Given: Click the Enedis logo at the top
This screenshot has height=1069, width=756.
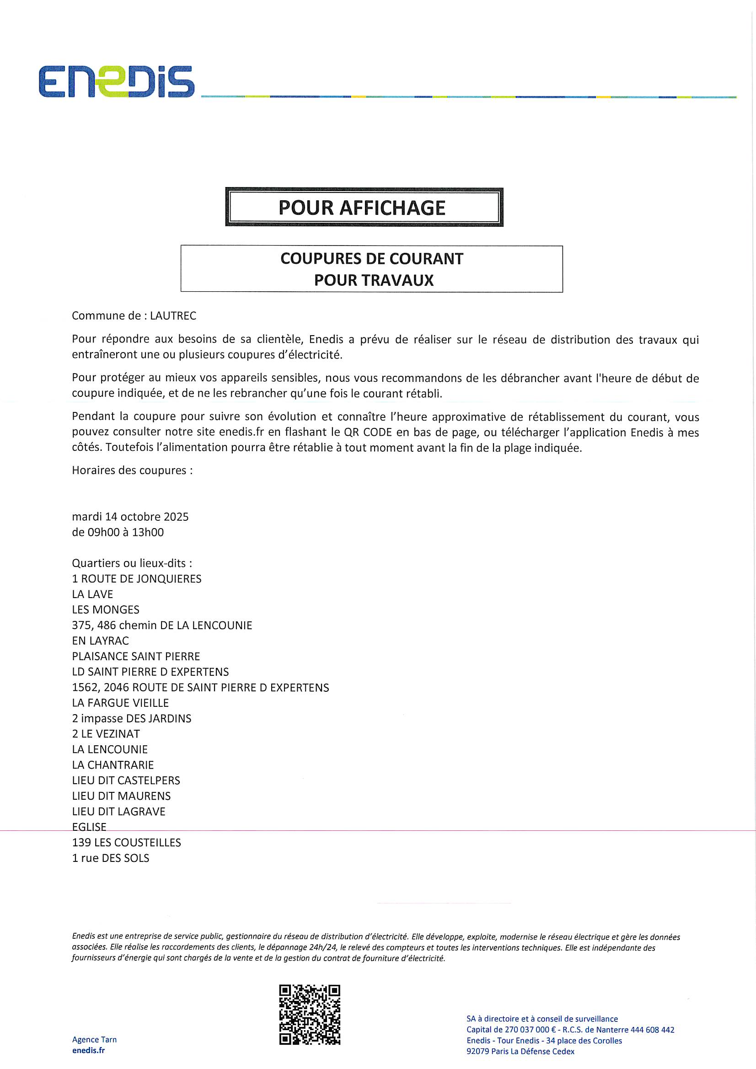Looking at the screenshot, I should (117, 81).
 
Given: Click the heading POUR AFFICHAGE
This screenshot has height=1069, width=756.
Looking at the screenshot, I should (362, 208).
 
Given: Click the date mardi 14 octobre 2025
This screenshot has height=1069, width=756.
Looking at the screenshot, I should (130, 517).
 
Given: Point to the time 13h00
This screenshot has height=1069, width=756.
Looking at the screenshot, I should (148, 532).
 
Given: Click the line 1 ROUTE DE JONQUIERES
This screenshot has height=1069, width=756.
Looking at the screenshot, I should (136, 579).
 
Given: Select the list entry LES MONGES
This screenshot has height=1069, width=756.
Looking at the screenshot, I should (105, 609).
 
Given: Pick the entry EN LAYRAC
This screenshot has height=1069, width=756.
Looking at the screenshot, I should (100, 641).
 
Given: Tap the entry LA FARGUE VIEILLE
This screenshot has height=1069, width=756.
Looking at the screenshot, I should (120, 703).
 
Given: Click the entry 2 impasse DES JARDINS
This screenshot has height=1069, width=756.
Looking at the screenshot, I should (131, 718).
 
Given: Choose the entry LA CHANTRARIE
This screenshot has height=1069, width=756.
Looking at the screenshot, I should (113, 765).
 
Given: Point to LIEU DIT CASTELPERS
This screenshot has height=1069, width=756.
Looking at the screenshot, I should (126, 780).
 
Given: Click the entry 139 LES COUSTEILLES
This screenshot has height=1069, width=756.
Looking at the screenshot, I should (126, 842).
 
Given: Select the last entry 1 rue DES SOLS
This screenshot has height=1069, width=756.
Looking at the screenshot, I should (110, 858).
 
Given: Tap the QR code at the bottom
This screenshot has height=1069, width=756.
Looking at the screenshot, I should (310, 1015).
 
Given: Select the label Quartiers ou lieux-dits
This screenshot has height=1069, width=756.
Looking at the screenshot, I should (132, 563).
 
